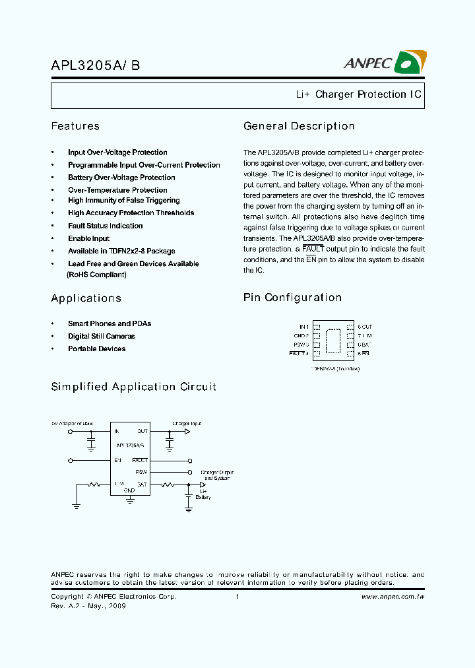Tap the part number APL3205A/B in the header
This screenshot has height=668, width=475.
tap(95, 65)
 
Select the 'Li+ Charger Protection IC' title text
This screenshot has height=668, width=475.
tap(358, 94)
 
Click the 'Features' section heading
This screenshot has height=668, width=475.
tap(75, 126)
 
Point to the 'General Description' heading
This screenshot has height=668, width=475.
tap(299, 126)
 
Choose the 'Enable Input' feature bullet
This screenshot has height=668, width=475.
tap(88, 238)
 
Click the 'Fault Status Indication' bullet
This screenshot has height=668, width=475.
tap(105, 226)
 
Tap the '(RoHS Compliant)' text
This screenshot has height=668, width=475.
tap(96, 274)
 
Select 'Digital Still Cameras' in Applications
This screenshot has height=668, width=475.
tap(101, 336)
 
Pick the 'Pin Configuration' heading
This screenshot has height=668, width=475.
tap(292, 298)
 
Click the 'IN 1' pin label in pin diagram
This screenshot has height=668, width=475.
tap(303, 327)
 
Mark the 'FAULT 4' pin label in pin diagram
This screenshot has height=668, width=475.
tap(299, 354)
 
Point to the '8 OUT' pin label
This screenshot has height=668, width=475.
tap(365, 327)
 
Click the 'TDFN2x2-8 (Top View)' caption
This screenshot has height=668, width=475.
tap(335, 369)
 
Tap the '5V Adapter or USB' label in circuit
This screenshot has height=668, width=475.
tap(72, 422)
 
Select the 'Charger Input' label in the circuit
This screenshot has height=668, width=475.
tap(187, 422)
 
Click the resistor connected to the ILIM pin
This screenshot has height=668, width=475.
tap(95, 485)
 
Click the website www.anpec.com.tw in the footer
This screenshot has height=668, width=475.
tap(393, 597)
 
